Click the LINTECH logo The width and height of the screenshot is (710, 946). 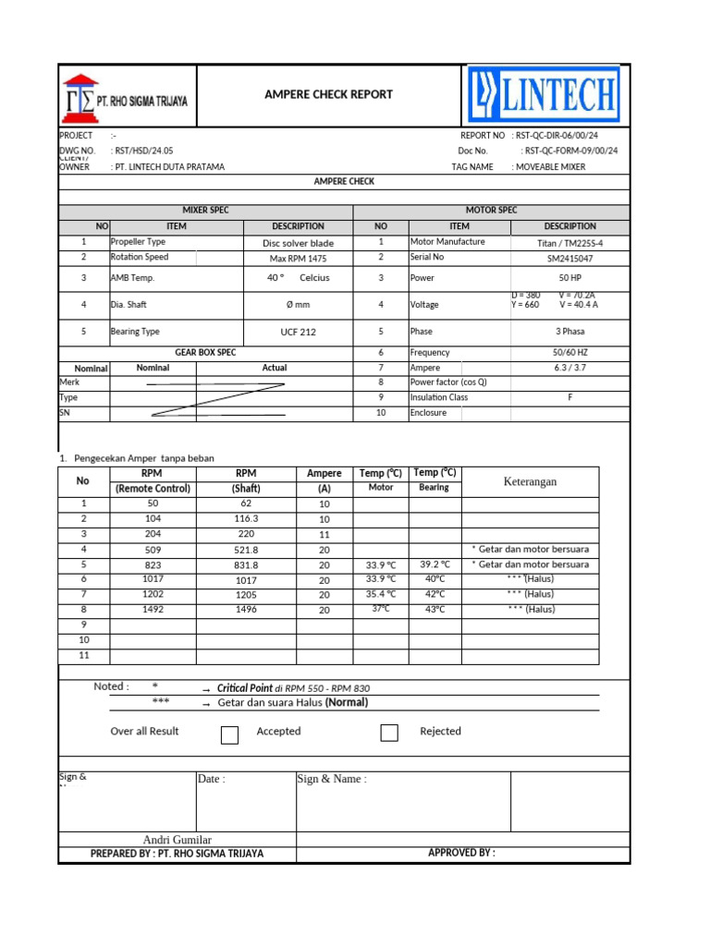click(x=544, y=94)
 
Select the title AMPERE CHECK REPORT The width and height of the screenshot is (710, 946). click(x=328, y=94)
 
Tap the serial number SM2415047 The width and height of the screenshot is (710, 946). click(x=569, y=259)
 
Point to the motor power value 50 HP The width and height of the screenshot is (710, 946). click(x=569, y=278)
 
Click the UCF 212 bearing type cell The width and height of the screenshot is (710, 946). click(x=298, y=333)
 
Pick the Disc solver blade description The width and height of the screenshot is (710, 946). click(x=298, y=243)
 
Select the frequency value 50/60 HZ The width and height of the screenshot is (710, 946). click(x=569, y=353)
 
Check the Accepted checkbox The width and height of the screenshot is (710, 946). click(x=230, y=734)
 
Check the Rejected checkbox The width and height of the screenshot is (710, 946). click(x=389, y=734)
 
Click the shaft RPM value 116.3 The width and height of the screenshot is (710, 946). click(x=246, y=520)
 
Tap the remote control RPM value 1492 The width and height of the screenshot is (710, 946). click(x=153, y=610)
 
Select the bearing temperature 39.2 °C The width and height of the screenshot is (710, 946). click(x=435, y=564)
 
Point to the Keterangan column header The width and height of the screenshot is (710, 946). click(x=530, y=481)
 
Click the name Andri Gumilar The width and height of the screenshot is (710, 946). click(x=177, y=839)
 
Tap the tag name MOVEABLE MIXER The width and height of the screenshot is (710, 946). click(x=550, y=167)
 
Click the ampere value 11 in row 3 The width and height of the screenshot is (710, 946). click(x=324, y=535)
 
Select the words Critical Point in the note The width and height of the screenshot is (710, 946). click(x=244, y=688)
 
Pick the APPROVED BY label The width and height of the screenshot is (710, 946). click(x=461, y=853)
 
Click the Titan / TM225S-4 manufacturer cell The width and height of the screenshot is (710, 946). click(x=569, y=243)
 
